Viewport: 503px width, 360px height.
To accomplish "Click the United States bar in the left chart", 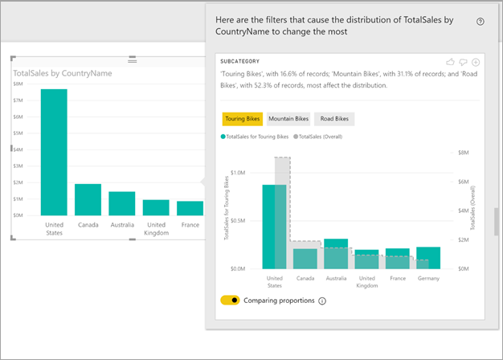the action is click(54, 152).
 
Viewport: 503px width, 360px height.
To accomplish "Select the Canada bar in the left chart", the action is click(88, 199).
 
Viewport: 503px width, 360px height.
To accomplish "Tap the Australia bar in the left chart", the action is click(122, 203).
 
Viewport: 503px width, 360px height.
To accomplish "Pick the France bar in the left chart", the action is click(190, 208).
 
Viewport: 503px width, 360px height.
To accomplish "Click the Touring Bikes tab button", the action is click(243, 119).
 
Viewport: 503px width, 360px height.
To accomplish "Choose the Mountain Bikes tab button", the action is click(288, 119).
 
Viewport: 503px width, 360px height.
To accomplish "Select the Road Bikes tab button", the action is click(334, 119).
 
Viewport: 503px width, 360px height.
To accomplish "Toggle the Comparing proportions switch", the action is click(230, 301).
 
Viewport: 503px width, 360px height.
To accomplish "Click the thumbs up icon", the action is click(451, 62).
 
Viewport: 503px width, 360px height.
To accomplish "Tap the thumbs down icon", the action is click(463, 62).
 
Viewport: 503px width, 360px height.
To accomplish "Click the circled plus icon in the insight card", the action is click(476, 62).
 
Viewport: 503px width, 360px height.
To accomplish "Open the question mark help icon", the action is click(481, 22).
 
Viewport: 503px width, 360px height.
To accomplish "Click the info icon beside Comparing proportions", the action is click(322, 301).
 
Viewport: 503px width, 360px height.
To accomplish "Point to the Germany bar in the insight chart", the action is click(428, 258).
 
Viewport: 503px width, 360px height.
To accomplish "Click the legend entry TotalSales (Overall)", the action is click(318, 137).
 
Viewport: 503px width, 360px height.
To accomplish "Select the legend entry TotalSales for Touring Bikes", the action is click(255, 137).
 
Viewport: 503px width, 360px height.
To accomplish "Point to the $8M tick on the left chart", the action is click(18, 84).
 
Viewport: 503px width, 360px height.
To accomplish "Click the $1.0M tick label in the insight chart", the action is click(238, 173).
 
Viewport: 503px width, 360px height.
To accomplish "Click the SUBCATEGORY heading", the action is click(240, 61).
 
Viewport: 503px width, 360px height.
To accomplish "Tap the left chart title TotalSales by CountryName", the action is click(63, 73).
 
